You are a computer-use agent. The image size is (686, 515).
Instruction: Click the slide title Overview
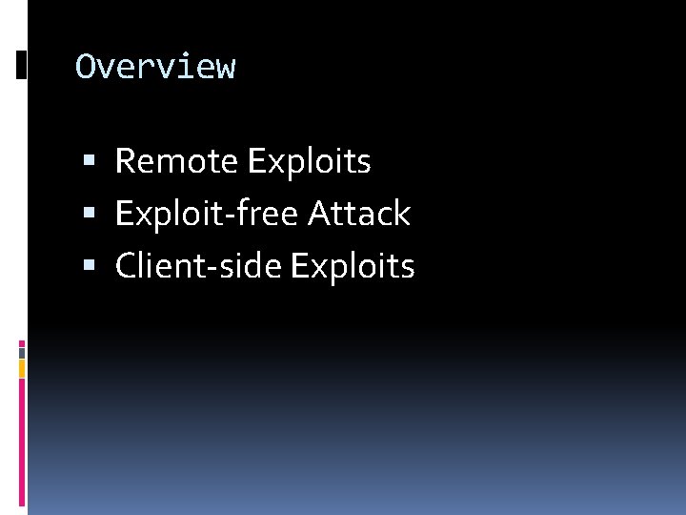coord(155,67)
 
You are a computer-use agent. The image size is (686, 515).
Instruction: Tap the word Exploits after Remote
coord(309,162)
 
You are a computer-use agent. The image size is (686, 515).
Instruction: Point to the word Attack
coord(359,214)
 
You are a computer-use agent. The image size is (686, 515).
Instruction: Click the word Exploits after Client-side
coord(353,266)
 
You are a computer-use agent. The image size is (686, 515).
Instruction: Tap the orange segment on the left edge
coord(22,368)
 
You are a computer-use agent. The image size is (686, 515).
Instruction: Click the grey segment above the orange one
coord(22,353)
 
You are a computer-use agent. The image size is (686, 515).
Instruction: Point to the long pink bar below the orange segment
coord(22,439)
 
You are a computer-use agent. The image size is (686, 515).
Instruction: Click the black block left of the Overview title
coord(22,65)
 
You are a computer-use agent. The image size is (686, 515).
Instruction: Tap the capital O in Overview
coord(86,67)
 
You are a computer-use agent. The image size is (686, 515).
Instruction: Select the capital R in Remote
coord(125,162)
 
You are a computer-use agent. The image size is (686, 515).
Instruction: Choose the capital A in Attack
coord(318,214)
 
